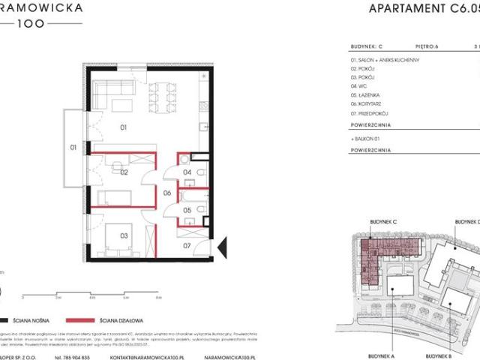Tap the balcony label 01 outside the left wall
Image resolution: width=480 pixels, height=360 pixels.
point(73,148)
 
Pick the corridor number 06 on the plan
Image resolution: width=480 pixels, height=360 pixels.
point(169,193)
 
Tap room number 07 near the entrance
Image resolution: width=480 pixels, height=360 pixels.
point(188,244)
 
